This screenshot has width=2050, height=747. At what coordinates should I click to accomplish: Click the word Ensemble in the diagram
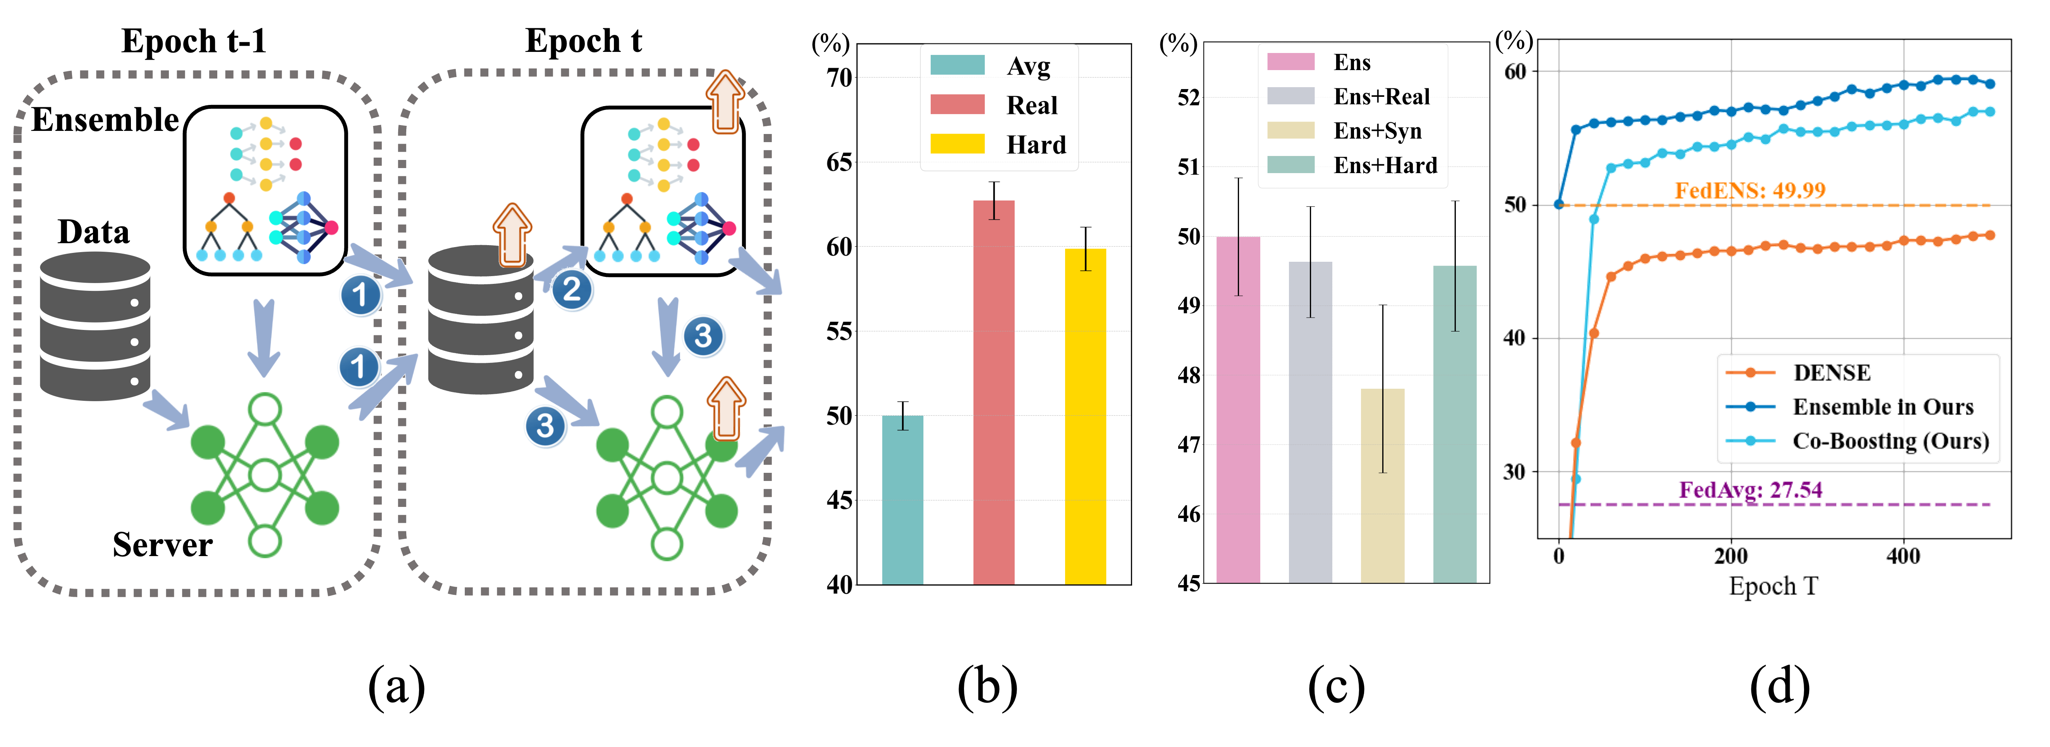(x=105, y=119)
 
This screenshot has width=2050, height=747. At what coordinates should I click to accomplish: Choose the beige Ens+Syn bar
(x=1382, y=485)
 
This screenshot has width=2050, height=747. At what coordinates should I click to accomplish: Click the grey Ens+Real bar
(x=1310, y=422)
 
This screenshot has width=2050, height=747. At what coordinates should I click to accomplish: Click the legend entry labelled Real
(x=1031, y=105)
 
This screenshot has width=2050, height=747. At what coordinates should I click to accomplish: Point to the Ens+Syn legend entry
(x=1377, y=131)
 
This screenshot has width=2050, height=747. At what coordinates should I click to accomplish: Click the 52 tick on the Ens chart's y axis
(x=1188, y=98)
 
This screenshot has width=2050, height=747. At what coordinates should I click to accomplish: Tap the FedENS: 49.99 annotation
(x=1749, y=190)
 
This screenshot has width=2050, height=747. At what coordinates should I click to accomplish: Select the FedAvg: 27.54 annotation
(x=1749, y=489)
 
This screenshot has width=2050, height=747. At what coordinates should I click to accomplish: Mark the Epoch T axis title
(x=1773, y=586)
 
